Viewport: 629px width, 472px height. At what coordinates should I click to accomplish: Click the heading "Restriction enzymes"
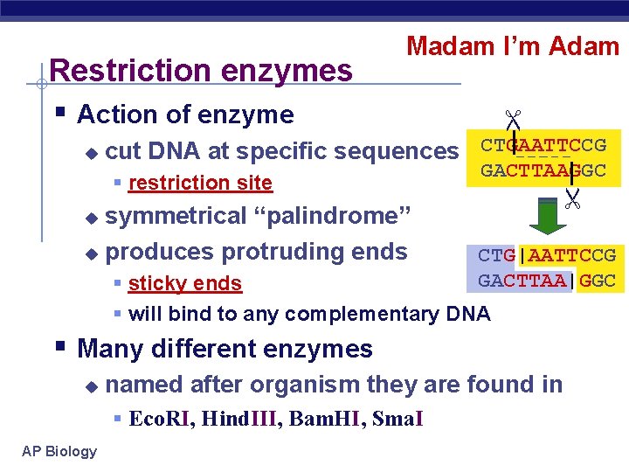(x=202, y=69)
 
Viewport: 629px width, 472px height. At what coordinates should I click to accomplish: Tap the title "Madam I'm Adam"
(x=513, y=46)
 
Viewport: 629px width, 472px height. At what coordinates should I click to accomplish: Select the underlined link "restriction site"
(x=200, y=183)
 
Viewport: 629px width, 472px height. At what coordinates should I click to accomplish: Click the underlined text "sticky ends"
(x=184, y=283)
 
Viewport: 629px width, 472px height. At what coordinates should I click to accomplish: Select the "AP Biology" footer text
(x=59, y=451)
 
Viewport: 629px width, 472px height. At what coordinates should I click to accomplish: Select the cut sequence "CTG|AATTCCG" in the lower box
(x=547, y=255)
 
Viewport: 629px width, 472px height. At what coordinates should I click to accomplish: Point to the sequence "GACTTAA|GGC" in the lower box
(x=547, y=281)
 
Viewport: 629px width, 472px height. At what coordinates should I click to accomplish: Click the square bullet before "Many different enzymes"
(x=59, y=347)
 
